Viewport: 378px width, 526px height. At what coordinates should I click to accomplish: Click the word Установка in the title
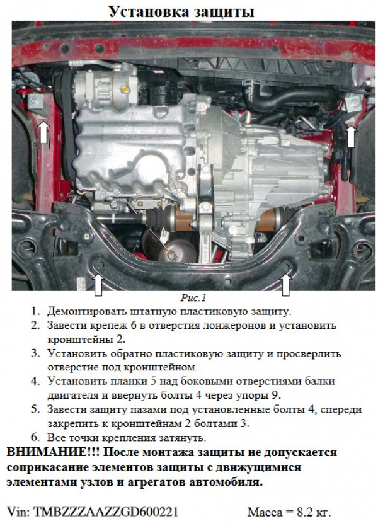click(147, 12)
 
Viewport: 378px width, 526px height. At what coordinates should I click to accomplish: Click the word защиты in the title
click(221, 13)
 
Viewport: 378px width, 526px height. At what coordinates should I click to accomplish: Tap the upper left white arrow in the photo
click(44, 132)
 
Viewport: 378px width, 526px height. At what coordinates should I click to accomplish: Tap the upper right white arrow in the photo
click(350, 136)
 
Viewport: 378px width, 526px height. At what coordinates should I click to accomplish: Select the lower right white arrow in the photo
click(285, 285)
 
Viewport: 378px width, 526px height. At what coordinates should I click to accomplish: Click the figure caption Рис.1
click(193, 297)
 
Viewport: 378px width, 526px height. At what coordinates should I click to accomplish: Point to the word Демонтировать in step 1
click(86, 312)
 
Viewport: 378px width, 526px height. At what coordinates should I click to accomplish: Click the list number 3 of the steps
click(35, 353)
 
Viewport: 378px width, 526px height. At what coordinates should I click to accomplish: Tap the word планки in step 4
click(127, 382)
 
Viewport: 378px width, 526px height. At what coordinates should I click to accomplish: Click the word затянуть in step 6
click(181, 438)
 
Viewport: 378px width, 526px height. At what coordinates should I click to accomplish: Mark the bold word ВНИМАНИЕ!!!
click(53, 452)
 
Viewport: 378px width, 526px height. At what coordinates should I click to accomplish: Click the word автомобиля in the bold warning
click(227, 483)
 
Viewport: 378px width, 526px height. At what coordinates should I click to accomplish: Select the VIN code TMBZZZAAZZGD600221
click(106, 512)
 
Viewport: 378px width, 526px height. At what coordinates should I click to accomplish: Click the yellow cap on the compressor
click(125, 89)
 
